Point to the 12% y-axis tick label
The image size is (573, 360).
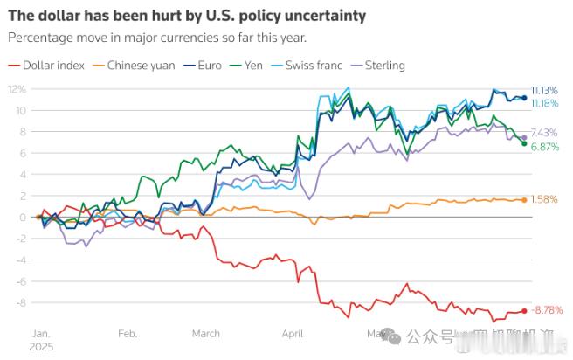17,89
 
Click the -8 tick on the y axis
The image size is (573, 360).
20,302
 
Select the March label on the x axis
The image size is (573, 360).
206,333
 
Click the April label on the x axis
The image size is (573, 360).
293,333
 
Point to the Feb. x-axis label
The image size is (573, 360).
128,333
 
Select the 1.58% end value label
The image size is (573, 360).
544,199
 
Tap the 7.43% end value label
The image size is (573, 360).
544,132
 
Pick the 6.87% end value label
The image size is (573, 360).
544,147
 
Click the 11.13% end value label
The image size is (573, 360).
545,90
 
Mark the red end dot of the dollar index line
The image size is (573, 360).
524,310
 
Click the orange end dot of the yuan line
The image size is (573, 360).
524,199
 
